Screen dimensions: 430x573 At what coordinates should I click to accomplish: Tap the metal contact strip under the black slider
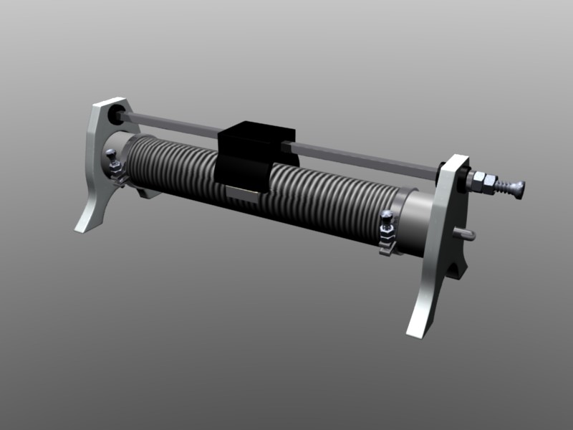[243, 191]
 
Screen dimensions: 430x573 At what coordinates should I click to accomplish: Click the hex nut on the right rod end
[483, 182]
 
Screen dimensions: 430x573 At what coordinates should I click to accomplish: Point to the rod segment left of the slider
[172, 124]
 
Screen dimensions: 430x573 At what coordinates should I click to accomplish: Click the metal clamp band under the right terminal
[387, 245]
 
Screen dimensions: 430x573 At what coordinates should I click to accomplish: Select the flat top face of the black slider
[258, 130]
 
